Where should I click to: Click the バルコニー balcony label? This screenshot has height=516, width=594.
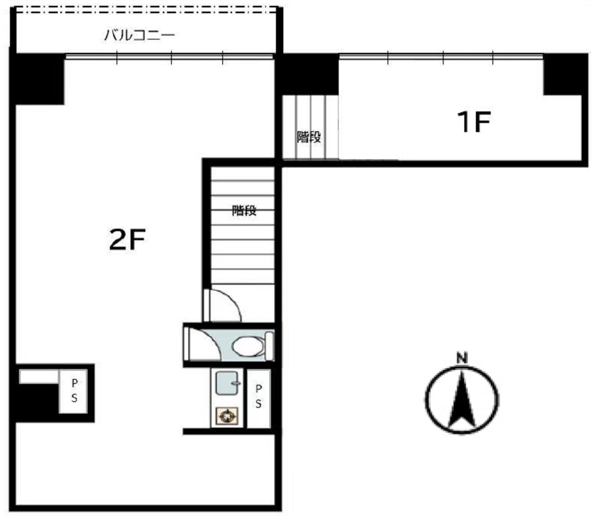[140, 35]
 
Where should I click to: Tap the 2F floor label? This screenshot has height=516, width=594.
[127, 240]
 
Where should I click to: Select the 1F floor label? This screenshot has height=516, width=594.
[474, 122]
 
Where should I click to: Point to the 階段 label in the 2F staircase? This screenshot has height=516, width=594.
[244, 211]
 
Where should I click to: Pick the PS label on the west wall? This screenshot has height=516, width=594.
[74, 391]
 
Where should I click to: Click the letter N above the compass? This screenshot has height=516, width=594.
[462, 359]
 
